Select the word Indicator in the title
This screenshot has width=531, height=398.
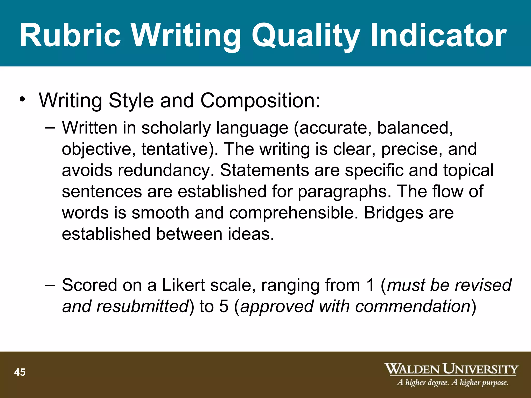click(x=438, y=35)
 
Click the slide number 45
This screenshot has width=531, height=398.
click(x=20, y=372)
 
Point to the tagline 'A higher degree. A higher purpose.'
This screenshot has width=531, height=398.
click(x=452, y=382)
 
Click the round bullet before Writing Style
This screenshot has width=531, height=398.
click(x=23, y=100)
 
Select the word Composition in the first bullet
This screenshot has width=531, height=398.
click(x=260, y=101)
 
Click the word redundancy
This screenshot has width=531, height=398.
click(x=166, y=170)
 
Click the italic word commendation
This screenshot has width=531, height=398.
click(x=413, y=306)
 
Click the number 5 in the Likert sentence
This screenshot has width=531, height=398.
click(x=224, y=306)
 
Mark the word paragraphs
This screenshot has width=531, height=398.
click(x=344, y=191)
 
